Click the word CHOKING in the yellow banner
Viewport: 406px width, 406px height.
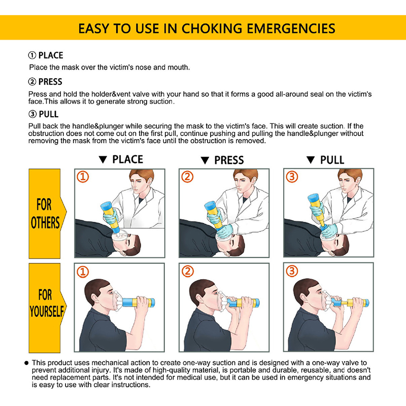coord(212,28)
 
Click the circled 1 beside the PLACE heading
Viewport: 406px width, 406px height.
coord(32,55)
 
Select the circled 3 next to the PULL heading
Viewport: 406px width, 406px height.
coord(32,114)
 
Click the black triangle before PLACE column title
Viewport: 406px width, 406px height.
coord(103,159)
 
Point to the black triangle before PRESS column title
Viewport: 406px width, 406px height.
coord(205,160)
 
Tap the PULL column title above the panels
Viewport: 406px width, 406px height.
coord(332,160)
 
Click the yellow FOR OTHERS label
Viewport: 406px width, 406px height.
coord(46,214)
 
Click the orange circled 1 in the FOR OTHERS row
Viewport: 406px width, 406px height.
coord(83,177)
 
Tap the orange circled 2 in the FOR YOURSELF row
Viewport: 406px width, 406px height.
coord(187,272)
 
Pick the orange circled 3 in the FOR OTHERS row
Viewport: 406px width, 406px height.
coord(292,177)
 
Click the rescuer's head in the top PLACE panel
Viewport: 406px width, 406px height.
coord(141,181)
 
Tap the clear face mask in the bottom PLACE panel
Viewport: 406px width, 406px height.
coord(117,301)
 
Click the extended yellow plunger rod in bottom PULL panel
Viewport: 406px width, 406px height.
coord(344,302)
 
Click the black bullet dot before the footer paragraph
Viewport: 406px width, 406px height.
coord(26,363)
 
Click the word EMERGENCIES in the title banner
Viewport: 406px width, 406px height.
coord(291,28)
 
